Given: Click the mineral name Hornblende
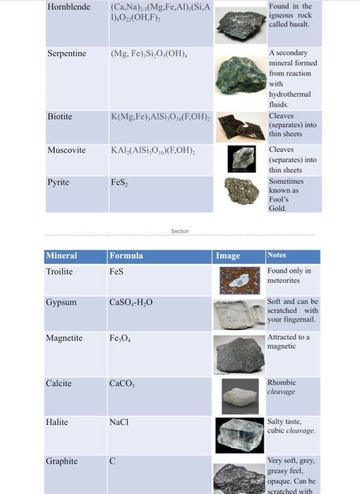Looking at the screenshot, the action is tap(68, 6).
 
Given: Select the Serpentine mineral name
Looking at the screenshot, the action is tap(67, 54).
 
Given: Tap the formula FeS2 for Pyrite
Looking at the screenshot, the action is tap(119, 181).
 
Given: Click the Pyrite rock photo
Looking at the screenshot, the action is tap(241, 191).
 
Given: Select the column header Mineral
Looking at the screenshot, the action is tap(62, 255).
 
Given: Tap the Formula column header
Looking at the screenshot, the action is tap(126, 255).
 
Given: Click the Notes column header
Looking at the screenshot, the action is tap(277, 255).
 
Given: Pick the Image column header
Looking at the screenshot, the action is tap(228, 256).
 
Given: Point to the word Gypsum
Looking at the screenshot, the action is tap(61, 303).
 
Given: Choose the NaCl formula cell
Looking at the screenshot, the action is tap(119, 422).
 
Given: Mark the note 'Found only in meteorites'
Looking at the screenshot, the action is tap(289, 276).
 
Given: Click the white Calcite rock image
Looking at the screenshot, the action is tap(240, 394).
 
